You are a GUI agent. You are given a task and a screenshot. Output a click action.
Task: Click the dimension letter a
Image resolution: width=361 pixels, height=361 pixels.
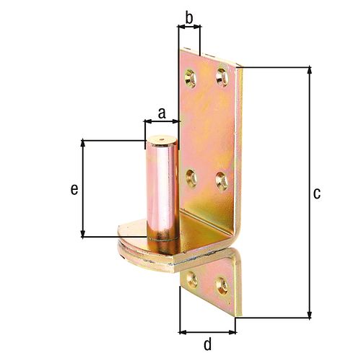pyautogui.click(x=162, y=113)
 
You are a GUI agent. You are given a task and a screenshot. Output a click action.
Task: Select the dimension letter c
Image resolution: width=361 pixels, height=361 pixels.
pyautogui.click(x=317, y=193)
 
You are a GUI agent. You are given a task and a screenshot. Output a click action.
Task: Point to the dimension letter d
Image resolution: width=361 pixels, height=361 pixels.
pyautogui.click(x=207, y=344)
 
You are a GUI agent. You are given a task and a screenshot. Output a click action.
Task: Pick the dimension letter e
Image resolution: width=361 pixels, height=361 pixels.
pyautogui.click(x=74, y=189)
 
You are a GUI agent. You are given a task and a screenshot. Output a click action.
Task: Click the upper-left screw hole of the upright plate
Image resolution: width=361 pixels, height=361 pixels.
pyautogui.click(x=191, y=78)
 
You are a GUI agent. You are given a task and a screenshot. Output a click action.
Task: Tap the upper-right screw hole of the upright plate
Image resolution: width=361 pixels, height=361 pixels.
pyautogui.click(x=222, y=77)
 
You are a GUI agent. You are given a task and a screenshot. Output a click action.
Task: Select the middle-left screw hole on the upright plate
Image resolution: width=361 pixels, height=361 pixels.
pyautogui.click(x=191, y=178)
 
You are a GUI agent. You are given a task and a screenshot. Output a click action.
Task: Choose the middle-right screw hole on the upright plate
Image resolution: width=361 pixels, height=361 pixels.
pyautogui.click(x=222, y=180)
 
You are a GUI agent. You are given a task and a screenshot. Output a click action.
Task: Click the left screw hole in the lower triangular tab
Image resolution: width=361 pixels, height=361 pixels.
pyautogui.click(x=192, y=279)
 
